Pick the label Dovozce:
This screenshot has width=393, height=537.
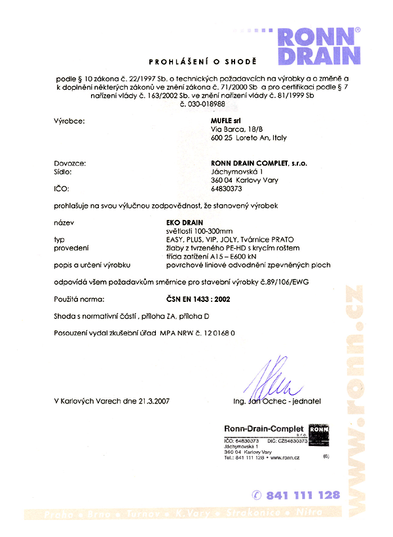[x=70, y=162]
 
